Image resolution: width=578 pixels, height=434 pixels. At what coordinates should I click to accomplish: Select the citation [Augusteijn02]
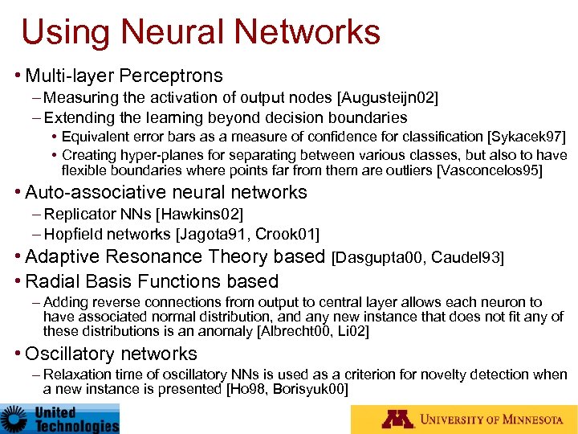pyautogui.click(x=389, y=98)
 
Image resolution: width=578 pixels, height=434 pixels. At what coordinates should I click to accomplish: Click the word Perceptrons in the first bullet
pyautogui.click(x=171, y=76)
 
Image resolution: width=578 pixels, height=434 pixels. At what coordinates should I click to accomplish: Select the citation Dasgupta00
pyautogui.click(x=380, y=257)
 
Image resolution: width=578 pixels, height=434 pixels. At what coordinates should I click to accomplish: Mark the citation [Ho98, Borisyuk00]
pyautogui.click(x=287, y=388)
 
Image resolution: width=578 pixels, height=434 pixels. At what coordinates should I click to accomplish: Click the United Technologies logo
pyautogui.click(x=60, y=418)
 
